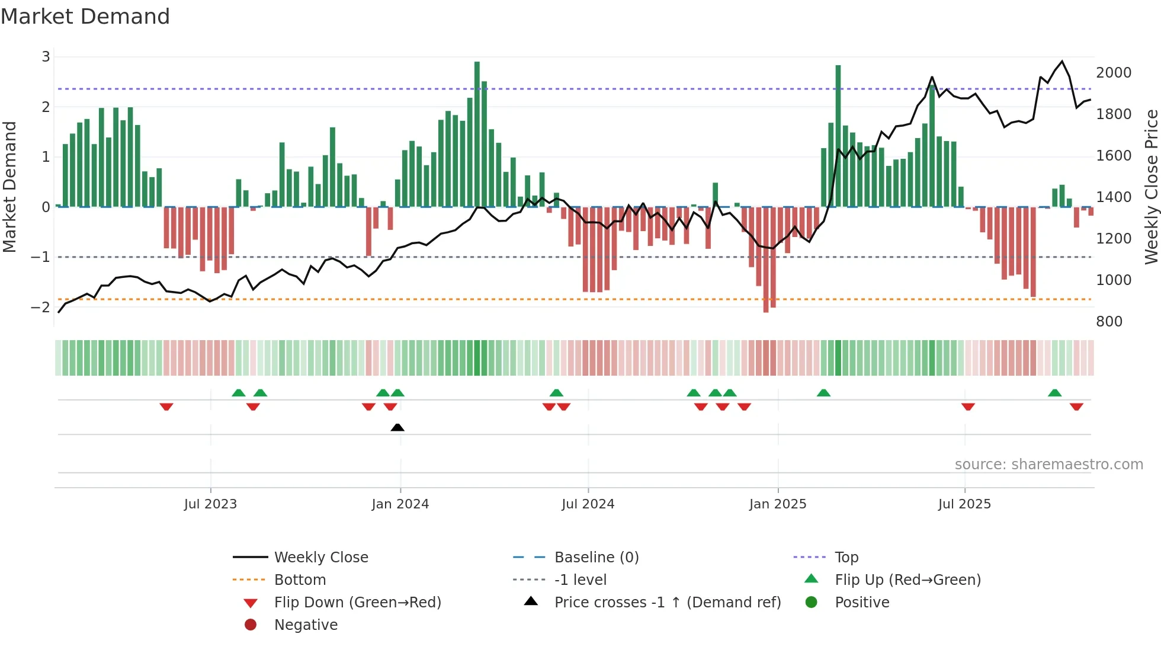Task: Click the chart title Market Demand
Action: pos(85,17)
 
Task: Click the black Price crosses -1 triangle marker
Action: pos(397,427)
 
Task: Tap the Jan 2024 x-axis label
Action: pos(400,504)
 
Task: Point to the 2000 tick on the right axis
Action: pos(1113,73)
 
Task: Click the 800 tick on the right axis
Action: pos(1109,322)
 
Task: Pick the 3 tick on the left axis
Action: pos(46,57)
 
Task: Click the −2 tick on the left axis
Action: pos(41,307)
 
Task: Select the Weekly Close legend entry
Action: pos(320,558)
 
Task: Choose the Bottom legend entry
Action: pos(300,580)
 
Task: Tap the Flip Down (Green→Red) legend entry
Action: pos(357,603)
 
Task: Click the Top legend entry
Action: pos(846,558)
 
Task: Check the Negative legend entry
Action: pos(306,625)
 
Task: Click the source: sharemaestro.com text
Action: pos(1048,465)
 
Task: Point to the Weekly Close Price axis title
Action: pos(1151,187)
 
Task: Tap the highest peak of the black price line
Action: pos(1062,61)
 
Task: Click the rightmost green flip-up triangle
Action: pos(1054,393)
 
